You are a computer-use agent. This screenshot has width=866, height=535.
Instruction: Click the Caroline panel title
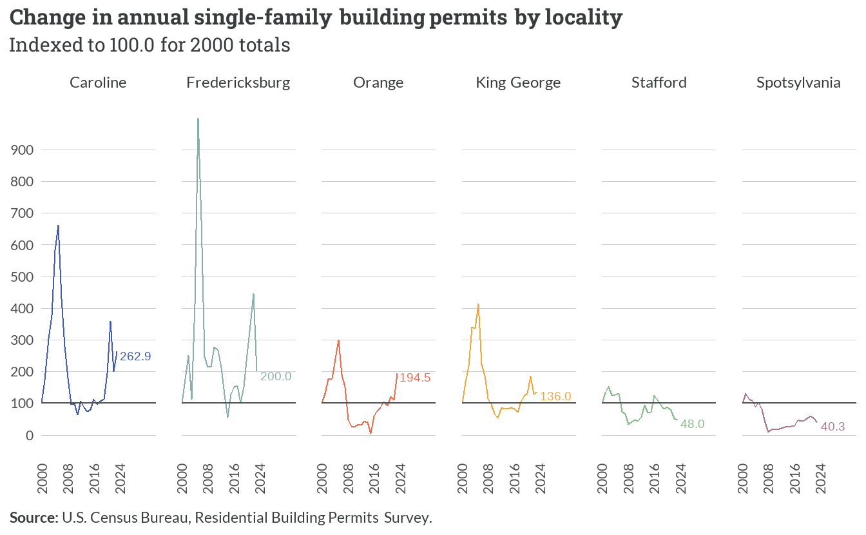(x=98, y=83)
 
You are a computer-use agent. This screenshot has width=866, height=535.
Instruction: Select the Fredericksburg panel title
(x=238, y=83)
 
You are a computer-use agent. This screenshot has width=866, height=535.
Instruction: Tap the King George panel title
(x=518, y=83)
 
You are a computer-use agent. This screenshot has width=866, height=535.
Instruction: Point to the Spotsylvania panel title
(x=798, y=83)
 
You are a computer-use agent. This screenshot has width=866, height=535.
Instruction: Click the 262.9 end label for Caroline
(x=135, y=356)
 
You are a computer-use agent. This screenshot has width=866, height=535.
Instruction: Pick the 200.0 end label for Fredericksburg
(x=276, y=376)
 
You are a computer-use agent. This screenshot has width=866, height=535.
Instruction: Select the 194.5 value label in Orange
(x=415, y=378)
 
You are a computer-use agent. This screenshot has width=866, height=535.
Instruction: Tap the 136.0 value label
(x=555, y=396)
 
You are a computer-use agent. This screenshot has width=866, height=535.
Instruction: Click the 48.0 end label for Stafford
(x=692, y=424)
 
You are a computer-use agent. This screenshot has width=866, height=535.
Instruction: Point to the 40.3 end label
(x=832, y=427)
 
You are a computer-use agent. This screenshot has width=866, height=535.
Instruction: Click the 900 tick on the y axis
(x=22, y=150)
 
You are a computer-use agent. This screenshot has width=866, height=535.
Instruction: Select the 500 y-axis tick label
(x=22, y=277)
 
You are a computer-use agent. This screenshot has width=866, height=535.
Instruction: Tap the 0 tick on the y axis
(x=30, y=436)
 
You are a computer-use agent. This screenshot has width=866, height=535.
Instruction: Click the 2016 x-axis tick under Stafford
(x=655, y=478)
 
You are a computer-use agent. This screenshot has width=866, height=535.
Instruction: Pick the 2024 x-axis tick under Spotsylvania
(x=821, y=478)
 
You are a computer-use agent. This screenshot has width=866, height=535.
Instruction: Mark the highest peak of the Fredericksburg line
(x=198, y=119)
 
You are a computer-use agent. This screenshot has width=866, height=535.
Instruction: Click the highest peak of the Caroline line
(x=58, y=226)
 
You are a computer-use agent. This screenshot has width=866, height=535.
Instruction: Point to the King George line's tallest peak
(x=478, y=304)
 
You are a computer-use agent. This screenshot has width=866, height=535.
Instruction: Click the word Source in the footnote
(x=34, y=518)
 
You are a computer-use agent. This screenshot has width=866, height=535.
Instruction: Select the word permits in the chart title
(x=468, y=17)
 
